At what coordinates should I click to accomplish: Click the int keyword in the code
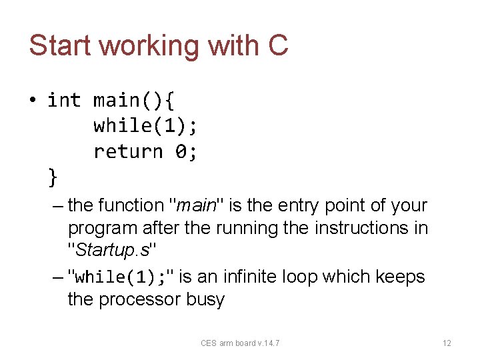[64, 101]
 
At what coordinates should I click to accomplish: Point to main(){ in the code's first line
[134, 101]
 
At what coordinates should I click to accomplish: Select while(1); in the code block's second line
[145, 126]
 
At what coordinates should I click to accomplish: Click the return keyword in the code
[128, 152]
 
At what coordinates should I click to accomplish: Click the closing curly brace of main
[53, 177]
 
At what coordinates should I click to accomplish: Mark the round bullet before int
[32, 101]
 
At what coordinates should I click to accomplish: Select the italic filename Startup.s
[113, 251]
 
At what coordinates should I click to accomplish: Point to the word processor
[140, 299]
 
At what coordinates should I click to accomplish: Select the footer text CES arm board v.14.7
[240, 343]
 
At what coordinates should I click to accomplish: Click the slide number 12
[447, 343]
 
